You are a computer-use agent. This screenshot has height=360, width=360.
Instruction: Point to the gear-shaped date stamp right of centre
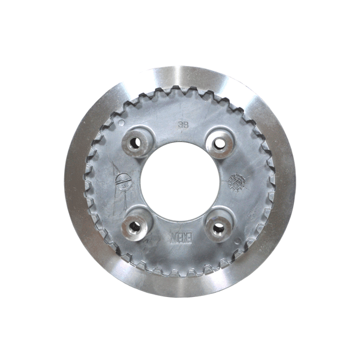(238, 181)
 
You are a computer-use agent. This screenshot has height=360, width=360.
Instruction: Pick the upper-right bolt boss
(220, 143)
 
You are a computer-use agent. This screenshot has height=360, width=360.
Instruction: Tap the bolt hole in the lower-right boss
(219, 227)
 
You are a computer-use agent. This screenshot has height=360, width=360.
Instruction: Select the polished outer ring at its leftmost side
(75, 181)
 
